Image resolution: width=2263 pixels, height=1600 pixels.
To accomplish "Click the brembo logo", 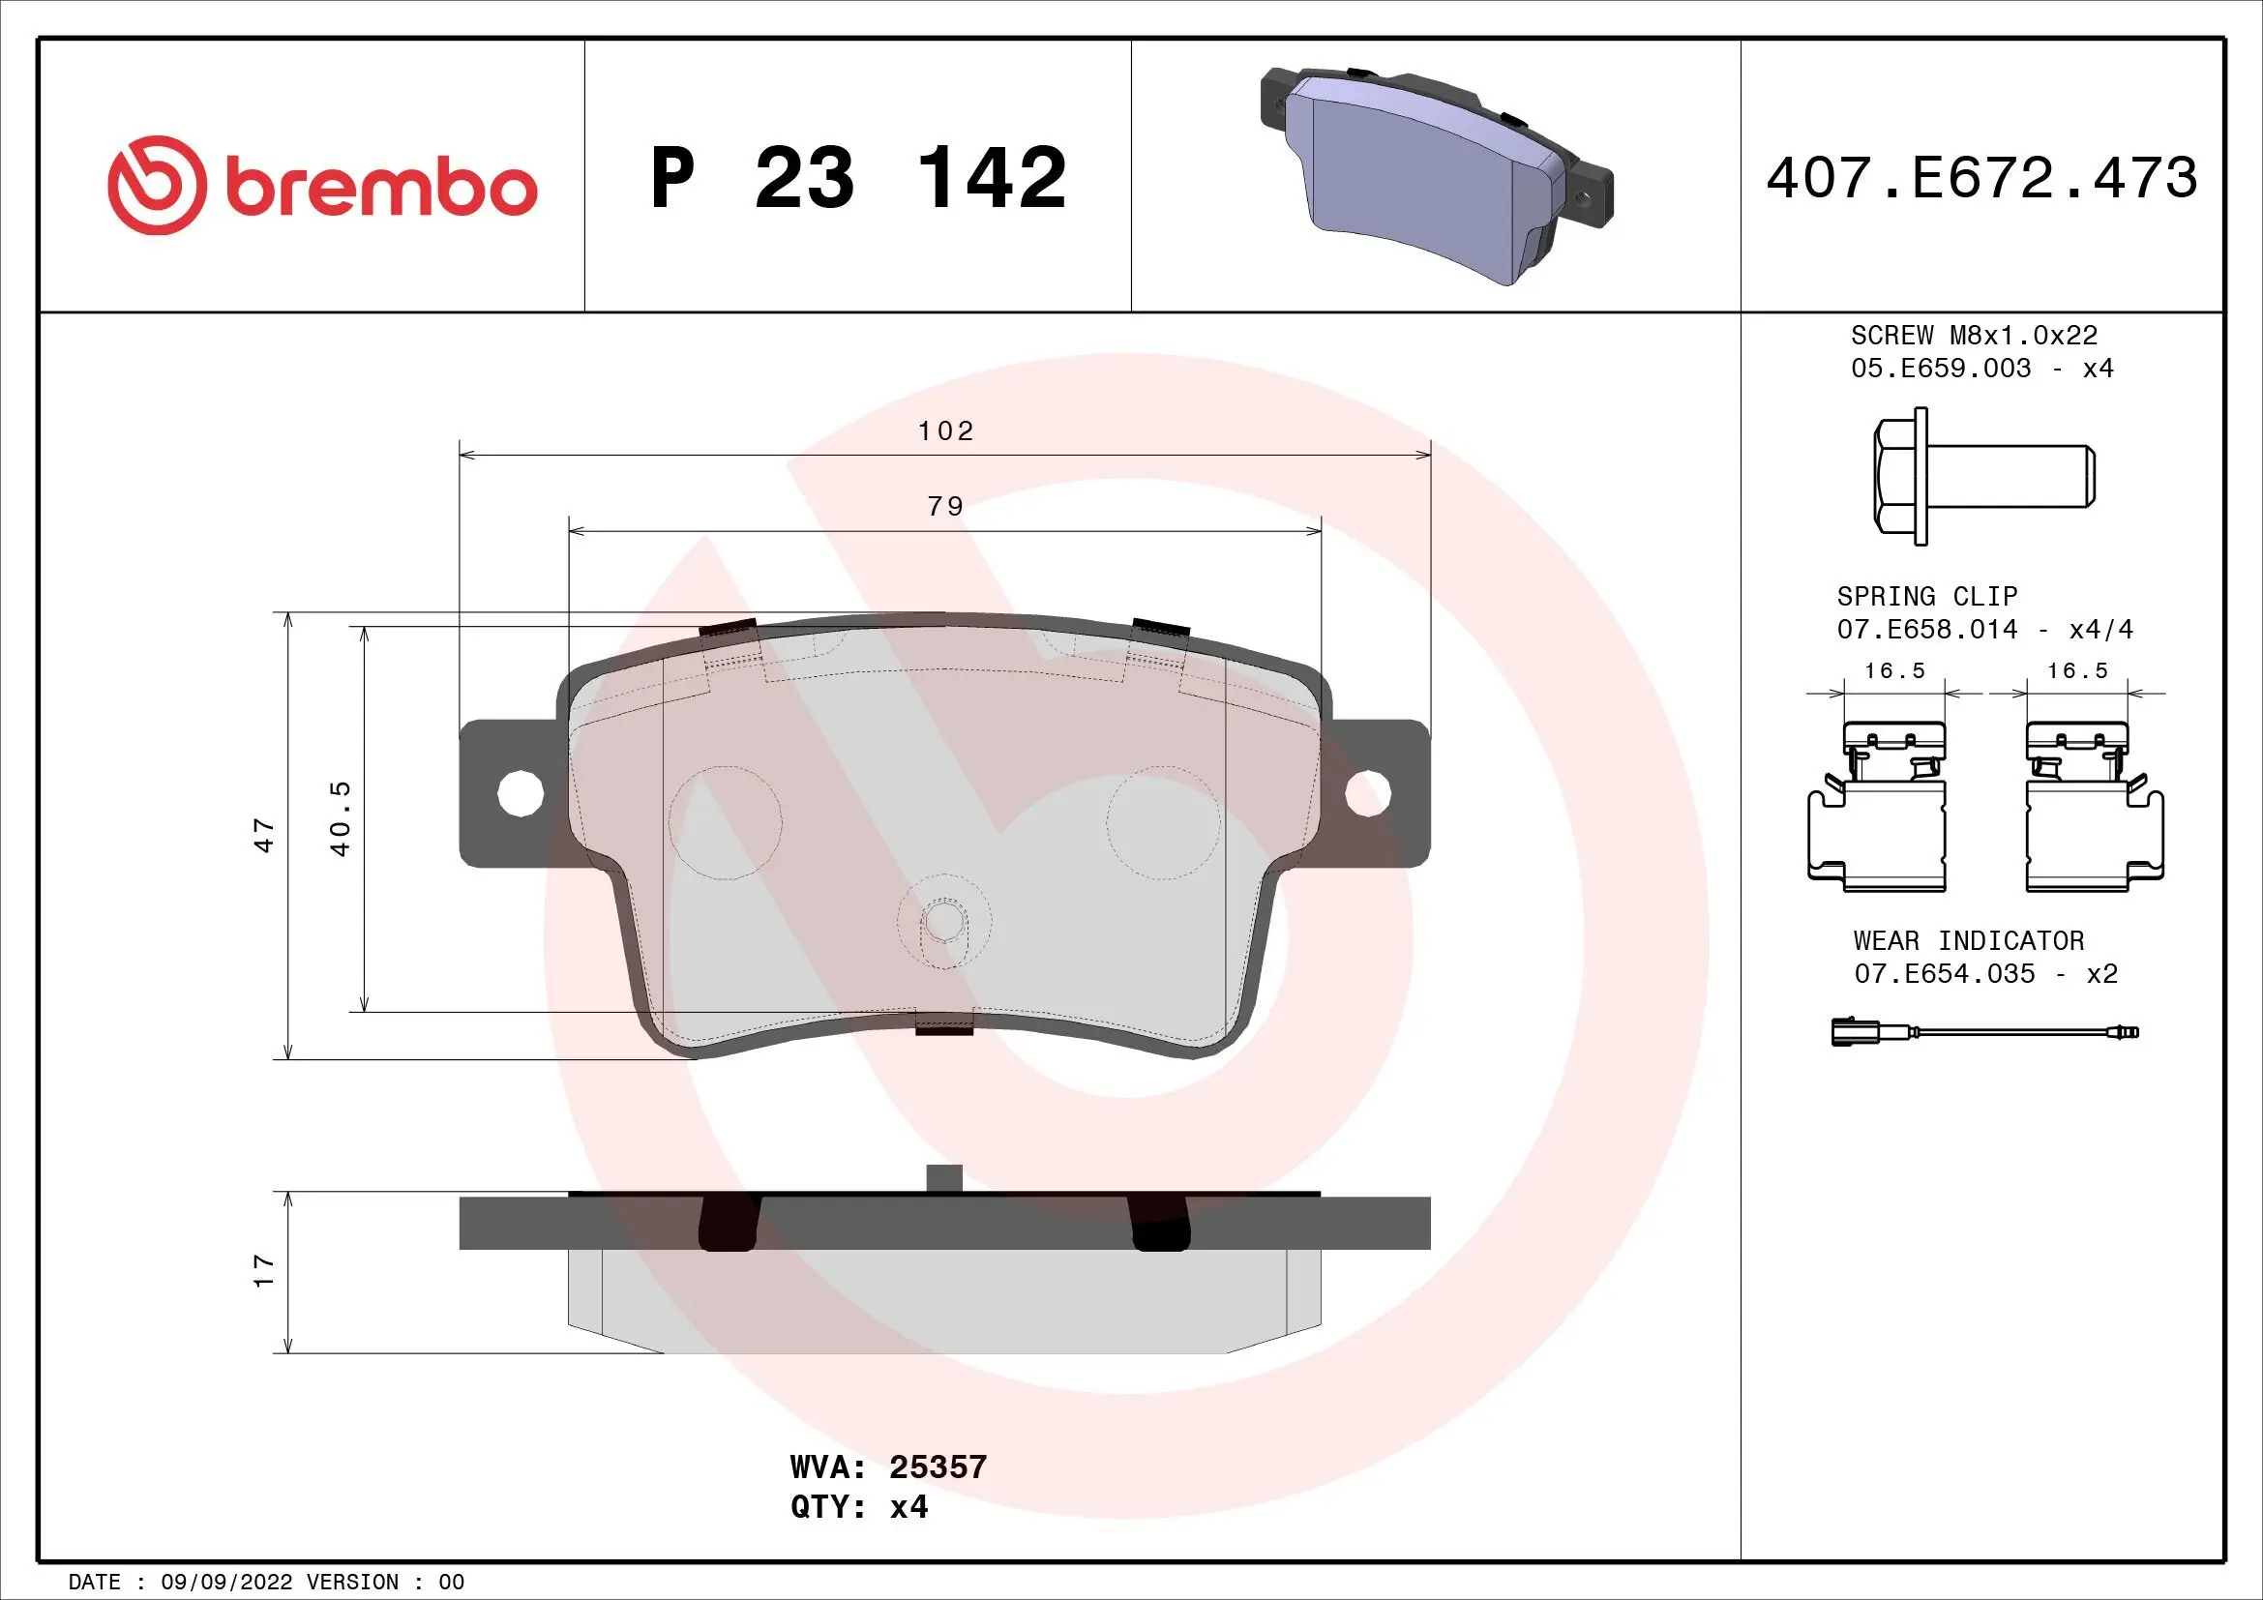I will pos(322,185).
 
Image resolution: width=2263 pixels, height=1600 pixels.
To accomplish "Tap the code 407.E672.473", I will pos(1981,178).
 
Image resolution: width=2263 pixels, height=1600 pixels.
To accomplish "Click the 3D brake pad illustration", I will pos(1435,175).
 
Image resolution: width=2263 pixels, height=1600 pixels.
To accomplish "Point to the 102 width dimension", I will pos(945,431).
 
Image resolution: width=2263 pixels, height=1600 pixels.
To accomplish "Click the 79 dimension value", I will pos(945,506).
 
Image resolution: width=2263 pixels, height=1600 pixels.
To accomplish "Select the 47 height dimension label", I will pos(264,836).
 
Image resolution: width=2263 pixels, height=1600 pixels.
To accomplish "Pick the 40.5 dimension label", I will pos(340,818).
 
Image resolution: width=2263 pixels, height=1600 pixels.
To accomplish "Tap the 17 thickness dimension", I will pos(263,1271).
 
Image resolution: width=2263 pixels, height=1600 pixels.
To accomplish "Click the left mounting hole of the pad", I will pos(521,792).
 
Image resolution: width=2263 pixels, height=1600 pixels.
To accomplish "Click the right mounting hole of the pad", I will pos(1368,793).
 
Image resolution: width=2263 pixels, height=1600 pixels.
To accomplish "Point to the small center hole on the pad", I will pos(943,923).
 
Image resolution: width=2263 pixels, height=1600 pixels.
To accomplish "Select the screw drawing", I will pos(1981,476).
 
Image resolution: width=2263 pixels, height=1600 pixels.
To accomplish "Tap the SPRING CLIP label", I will pos(1926,596).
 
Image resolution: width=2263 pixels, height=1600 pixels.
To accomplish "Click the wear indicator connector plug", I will pos(1848,1032).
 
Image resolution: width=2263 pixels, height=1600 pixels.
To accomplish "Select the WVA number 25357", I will pos(938,1467).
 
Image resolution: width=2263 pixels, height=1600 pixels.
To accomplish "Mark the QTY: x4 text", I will pos(858,1507).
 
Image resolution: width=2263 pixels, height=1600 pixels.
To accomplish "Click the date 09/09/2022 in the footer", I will pos(225,1583).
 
